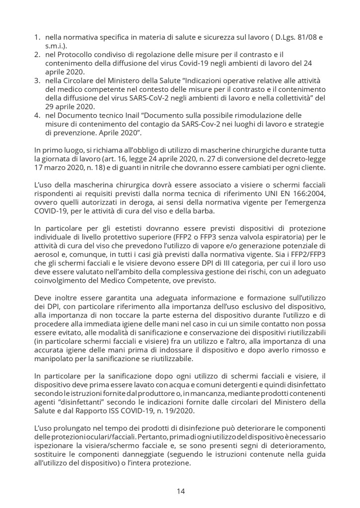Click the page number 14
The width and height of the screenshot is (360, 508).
pyautogui.click(x=180, y=491)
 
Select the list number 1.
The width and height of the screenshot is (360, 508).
pyautogui.click(x=37, y=37)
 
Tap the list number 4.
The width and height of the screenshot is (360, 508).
pyautogui.click(x=37, y=116)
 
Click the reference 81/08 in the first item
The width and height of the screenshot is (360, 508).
pyautogui.click(x=307, y=37)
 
